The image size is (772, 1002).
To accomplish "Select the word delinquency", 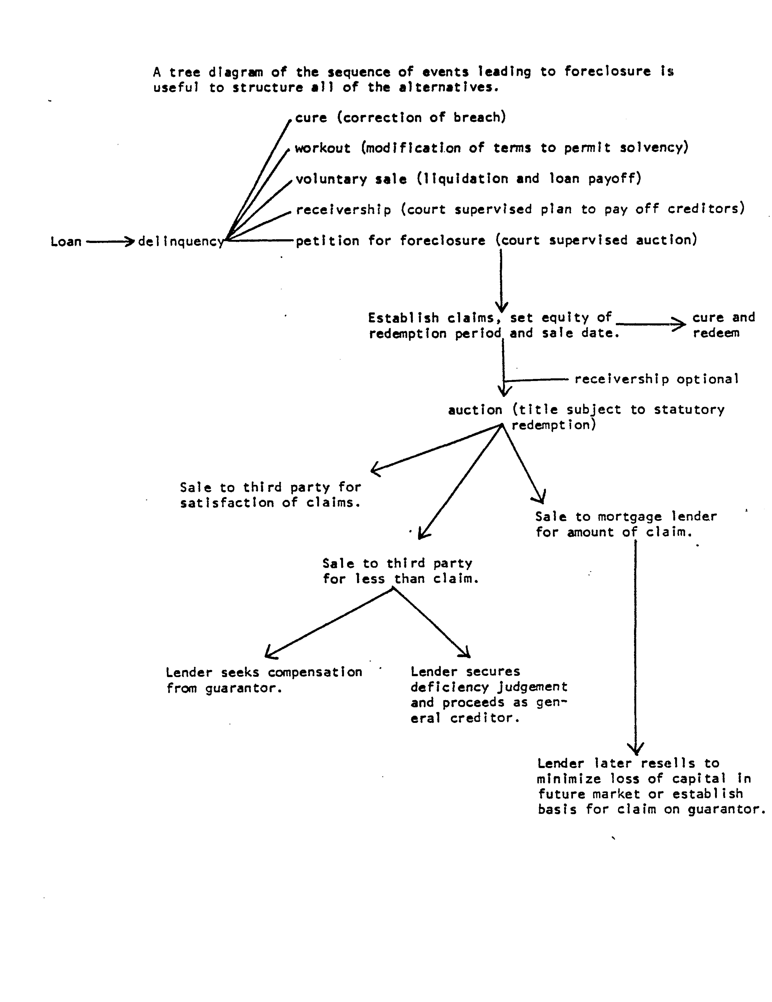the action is click(x=181, y=242).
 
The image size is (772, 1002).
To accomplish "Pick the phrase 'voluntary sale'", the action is click(x=351, y=179).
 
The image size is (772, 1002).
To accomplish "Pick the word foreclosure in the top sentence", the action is click(x=607, y=72).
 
